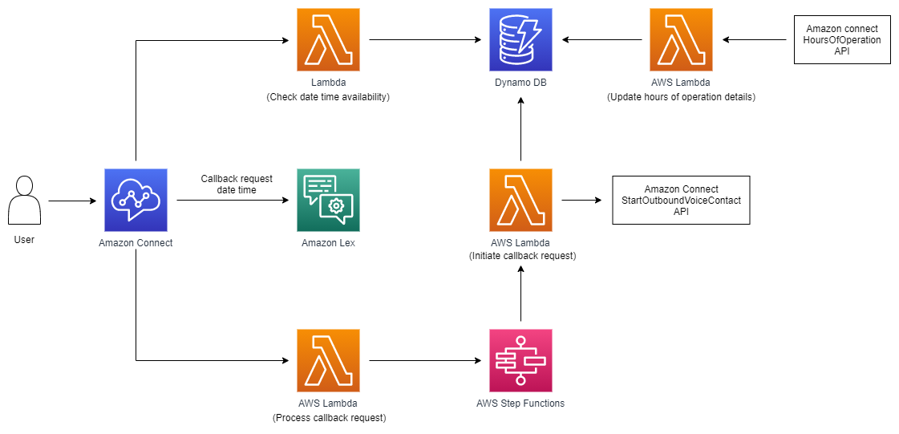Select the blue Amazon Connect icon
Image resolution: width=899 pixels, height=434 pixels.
[x=136, y=200]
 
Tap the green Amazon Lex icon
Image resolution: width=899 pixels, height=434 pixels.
[x=328, y=200]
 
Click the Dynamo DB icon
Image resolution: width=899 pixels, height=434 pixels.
[x=520, y=40]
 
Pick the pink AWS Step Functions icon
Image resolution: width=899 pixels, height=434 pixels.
[x=520, y=360]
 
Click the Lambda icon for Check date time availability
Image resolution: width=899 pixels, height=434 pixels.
[x=328, y=40]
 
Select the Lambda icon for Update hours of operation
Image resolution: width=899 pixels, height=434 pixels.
[x=681, y=40]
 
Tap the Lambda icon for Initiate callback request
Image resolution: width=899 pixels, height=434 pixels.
[x=520, y=200]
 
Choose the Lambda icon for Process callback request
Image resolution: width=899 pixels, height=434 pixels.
[x=328, y=360]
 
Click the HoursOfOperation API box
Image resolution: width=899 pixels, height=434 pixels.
[x=841, y=39]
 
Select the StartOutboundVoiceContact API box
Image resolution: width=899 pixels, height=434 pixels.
[x=681, y=200]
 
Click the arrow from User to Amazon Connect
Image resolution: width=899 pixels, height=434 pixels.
[x=72, y=201]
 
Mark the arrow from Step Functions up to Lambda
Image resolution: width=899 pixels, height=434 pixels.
[x=521, y=297]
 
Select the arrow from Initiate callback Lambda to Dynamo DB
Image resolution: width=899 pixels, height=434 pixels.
[x=521, y=132]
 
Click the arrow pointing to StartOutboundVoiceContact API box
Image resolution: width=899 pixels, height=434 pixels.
[x=581, y=201]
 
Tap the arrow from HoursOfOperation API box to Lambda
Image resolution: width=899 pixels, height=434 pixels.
[x=753, y=40]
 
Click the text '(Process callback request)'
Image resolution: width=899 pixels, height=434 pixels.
[x=328, y=417]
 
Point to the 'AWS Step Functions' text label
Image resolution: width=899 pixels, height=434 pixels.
[x=520, y=403]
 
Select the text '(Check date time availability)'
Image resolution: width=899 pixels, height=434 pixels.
[x=328, y=97]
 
